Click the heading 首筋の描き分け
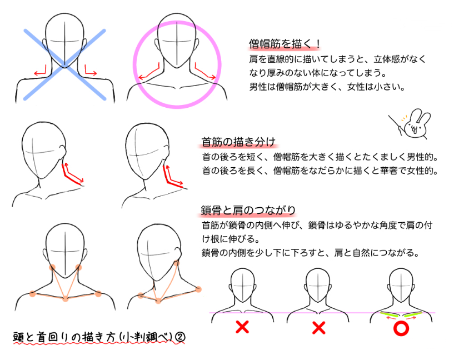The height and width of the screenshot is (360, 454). click(x=238, y=142)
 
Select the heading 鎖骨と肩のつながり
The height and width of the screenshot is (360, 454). click(x=248, y=210)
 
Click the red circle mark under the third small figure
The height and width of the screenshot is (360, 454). click(x=401, y=328)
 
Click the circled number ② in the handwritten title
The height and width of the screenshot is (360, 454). click(x=180, y=337)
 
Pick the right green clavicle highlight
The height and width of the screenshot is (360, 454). click(x=413, y=314)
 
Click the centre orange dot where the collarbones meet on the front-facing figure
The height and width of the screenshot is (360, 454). click(x=66, y=298)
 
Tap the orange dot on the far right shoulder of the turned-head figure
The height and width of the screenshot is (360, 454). click(x=198, y=289)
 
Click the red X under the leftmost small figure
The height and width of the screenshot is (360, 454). click(x=242, y=327)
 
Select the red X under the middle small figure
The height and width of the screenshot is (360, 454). click(x=319, y=328)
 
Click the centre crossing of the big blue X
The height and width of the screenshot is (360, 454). click(x=64, y=64)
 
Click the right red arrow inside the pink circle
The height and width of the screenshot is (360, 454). click(x=205, y=71)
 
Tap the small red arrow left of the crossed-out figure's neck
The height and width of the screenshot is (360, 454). click(x=41, y=72)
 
